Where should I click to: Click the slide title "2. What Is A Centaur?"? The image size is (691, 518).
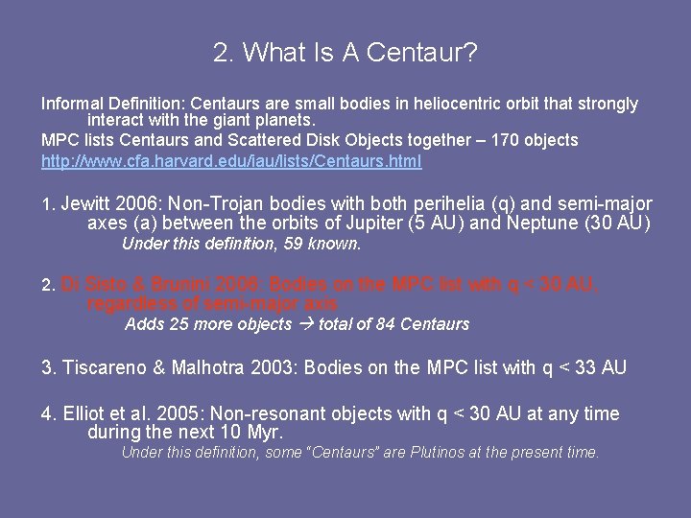click(x=345, y=53)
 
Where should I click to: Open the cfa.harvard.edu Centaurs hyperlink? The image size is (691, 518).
click(x=230, y=161)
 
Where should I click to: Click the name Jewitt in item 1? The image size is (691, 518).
click(x=87, y=204)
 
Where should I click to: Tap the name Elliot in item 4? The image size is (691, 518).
click(x=87, y=414)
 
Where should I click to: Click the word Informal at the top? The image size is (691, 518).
click(x=73, y=104)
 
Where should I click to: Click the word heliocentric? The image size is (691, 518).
click(x=413, y=104)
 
